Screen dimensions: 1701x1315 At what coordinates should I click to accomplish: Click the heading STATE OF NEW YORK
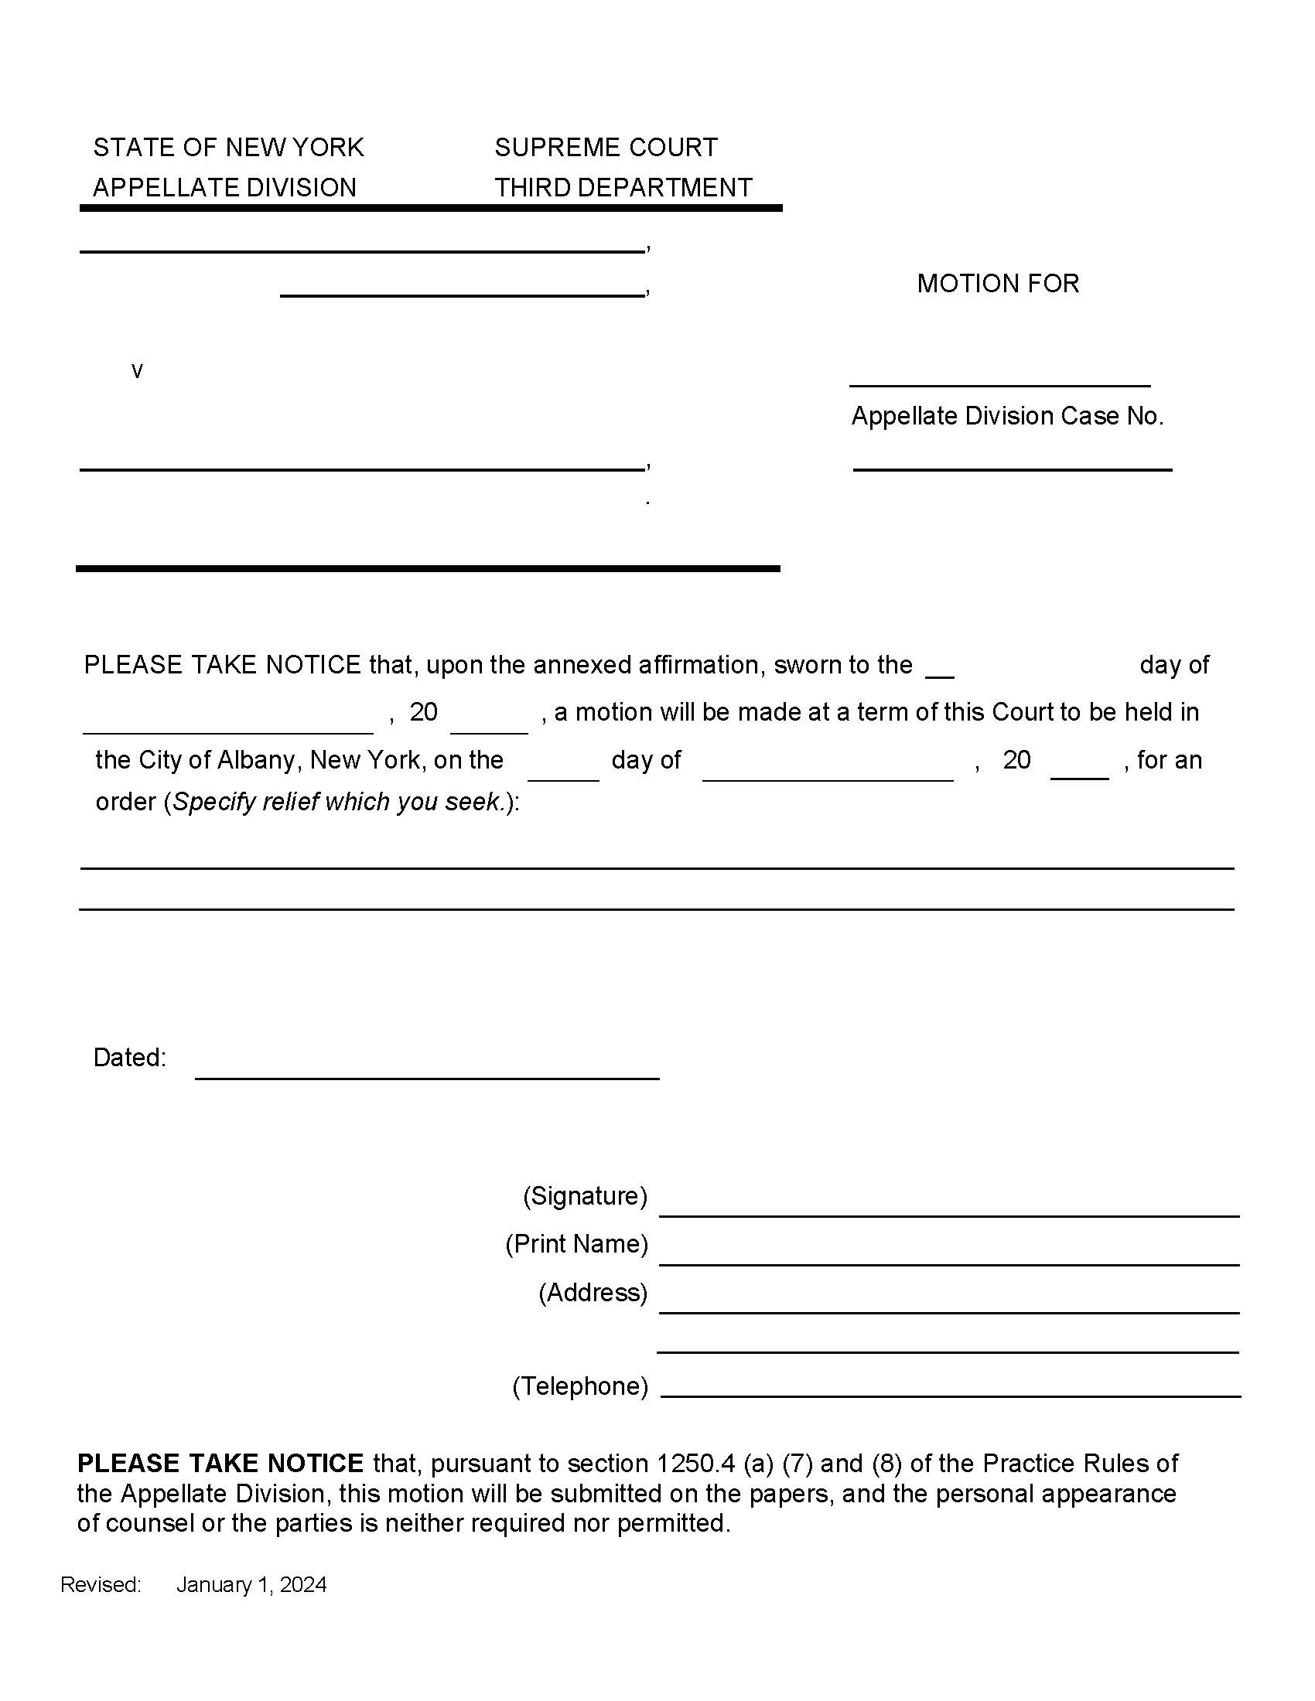tap(228, 147)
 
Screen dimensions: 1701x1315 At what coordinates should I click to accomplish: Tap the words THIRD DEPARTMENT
tap(623, 188)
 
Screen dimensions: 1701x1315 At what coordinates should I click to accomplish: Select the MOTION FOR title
tap(998, 284)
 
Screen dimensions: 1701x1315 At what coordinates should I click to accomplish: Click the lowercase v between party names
tap(137, 370)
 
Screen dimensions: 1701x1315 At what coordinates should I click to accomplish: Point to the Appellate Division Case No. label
tap(1006, 416)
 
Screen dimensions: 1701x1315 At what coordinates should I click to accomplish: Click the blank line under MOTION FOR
tap(999, 383)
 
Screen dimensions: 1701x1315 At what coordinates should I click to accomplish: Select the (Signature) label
tap(585, 1195)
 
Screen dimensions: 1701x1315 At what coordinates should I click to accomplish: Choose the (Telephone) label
tap(579, 1386)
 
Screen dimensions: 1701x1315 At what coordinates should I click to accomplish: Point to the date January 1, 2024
tap(251, 1585)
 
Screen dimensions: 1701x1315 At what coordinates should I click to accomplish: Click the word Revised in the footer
tap(101, 1585)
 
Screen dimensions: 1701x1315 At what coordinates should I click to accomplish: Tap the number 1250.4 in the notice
tap(695, 1464)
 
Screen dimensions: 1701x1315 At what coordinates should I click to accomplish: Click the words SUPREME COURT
tap(606, 147)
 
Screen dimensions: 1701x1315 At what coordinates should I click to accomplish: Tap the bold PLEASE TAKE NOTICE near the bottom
tap(220, 1464)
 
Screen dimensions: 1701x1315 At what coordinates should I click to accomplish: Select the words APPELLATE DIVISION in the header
tap(224, 188)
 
